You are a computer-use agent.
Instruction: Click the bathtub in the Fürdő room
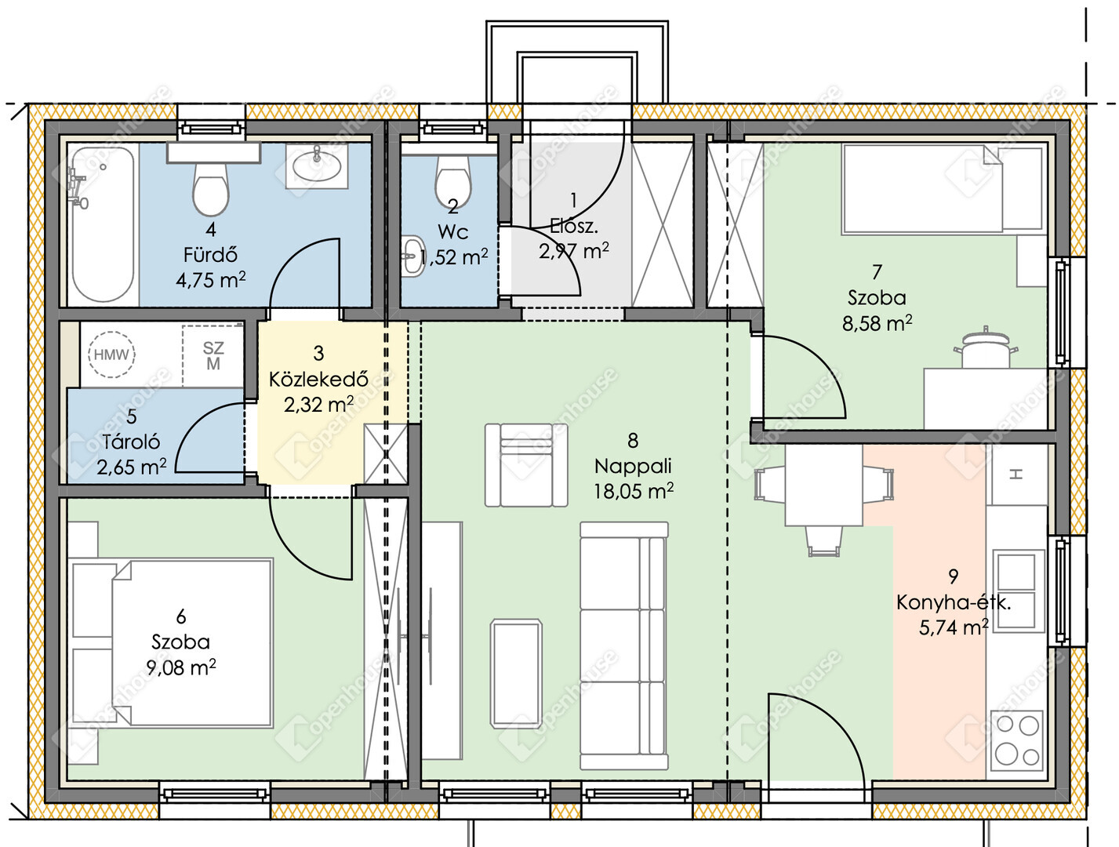click(103, 225)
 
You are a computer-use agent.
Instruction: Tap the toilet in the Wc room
click(452, 181)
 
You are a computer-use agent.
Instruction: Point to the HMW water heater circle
click(111, 354)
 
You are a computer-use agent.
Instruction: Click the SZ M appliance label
click(213, 356)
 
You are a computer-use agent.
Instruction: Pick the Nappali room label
click(633, 466)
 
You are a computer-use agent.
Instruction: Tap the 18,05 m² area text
click(633, 491)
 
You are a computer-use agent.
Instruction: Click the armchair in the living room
click(526, 465)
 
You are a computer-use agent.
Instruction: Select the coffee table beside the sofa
click(516, 674)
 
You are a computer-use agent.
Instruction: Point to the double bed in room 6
click(171, 642)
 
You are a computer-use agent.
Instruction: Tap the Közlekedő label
click(318, 379)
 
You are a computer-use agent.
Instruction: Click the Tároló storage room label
click(131, 442)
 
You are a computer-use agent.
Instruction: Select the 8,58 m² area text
click(877, 323)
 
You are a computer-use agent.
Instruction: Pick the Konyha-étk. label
click(954, 603)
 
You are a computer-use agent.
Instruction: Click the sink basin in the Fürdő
click(317, 166)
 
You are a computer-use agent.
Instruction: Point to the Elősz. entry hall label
click(573, 227)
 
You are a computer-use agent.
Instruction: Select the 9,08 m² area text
click(181, 667)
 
